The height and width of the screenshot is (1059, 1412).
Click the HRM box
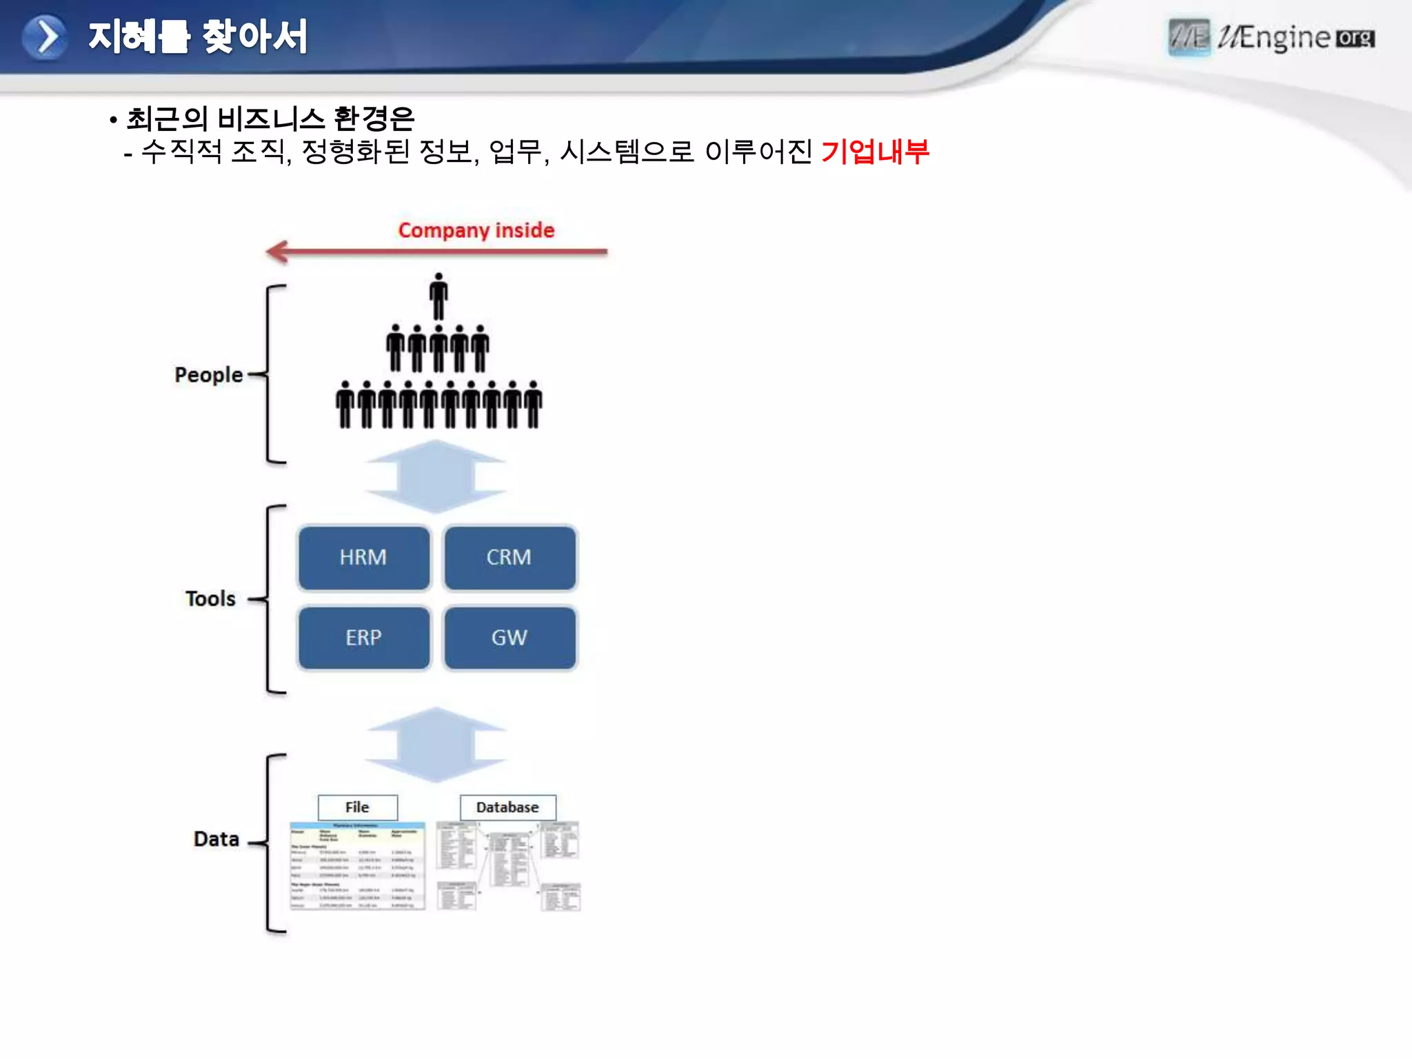tap(363, 557)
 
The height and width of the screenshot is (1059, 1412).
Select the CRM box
tap(509, 557)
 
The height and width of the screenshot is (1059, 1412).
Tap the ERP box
tap(363, 637)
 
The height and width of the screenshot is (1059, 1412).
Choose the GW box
tap(509, 637)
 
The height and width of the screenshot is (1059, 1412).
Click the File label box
tap(357, 807)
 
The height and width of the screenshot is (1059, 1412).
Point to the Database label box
tap(507, 807)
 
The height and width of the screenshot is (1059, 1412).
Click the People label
tap(208, 374)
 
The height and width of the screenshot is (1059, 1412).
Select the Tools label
tap(210, 598)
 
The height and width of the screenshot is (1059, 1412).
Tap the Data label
tap(216, 839)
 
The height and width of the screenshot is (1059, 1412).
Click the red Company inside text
tap(476, 230)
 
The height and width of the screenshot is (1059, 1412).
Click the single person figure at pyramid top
tap(438, 296)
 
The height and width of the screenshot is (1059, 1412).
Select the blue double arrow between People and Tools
tap(436, 476)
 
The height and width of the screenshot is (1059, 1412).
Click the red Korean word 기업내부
tap(875, 151)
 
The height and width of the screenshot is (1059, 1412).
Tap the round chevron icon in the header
tap(45, 37)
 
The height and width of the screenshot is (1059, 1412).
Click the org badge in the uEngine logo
tap(1355, 39)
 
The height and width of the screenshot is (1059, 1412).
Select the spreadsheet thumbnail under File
tap(357, 866)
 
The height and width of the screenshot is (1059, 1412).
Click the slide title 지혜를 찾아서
tap(197, 37)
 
